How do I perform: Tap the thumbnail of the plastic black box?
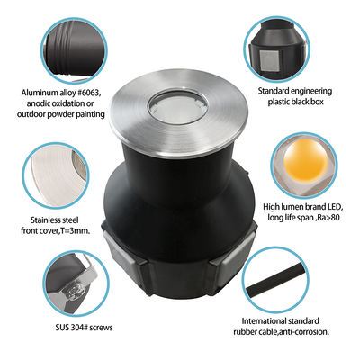pos(283,45)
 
